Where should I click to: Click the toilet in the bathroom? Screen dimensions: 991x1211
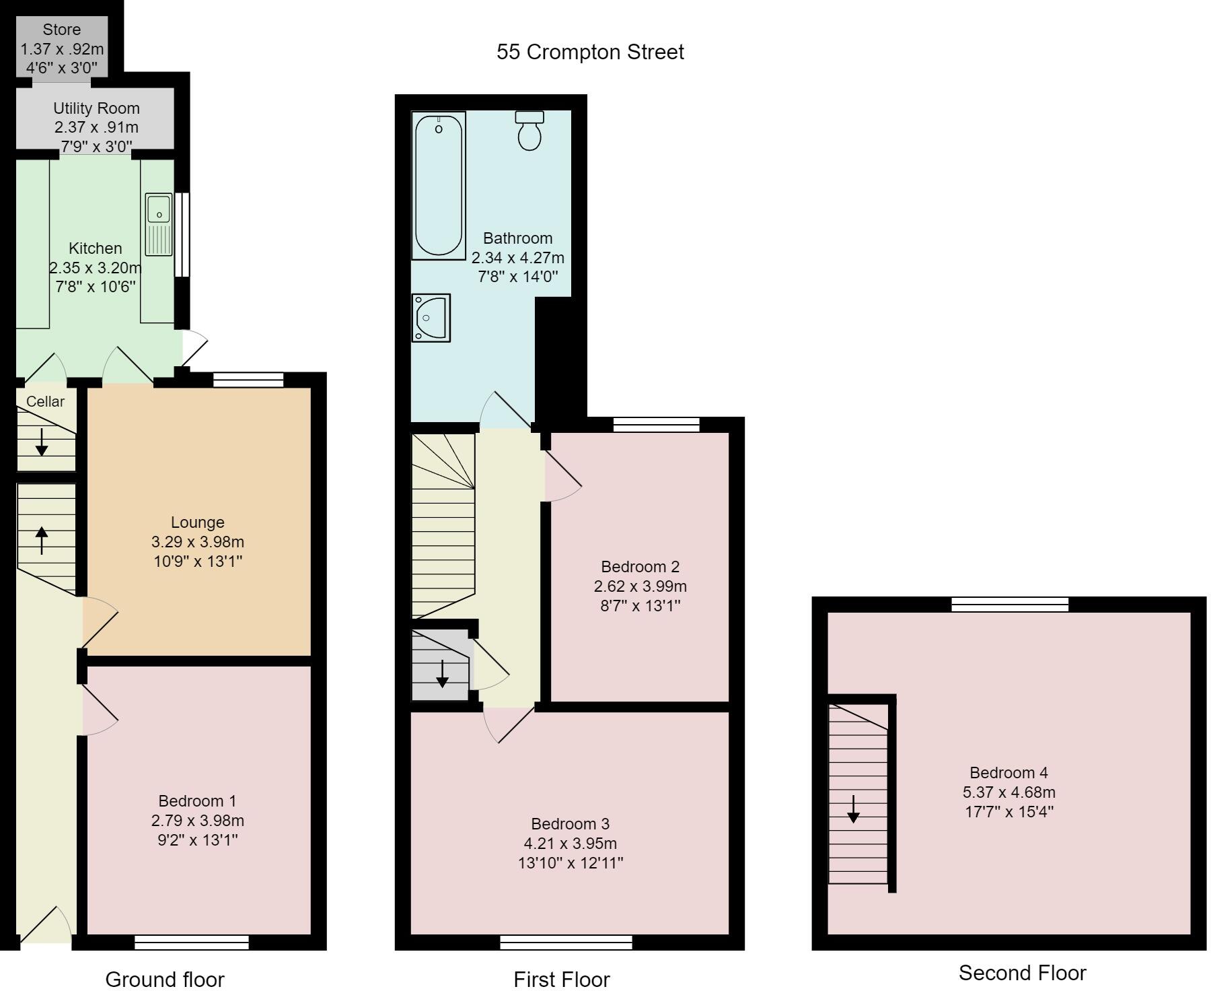[529, 131]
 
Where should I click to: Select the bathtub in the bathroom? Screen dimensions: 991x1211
[439, 186]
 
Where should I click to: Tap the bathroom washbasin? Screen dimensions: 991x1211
[431, 318]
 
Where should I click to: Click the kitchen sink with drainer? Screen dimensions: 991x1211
[159, 225]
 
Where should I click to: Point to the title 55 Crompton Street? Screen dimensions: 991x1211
[590, 52]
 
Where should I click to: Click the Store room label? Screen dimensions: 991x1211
[62, 30]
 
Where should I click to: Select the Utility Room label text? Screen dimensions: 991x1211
[96, 108]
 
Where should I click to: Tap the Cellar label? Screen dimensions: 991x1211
[46, 401]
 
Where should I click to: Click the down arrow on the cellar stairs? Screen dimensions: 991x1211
[42, 442]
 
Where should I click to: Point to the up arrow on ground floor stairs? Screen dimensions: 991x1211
[42, 540]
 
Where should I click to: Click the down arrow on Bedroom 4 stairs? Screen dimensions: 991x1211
[853, 809]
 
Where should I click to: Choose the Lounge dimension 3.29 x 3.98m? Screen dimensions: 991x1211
[197, 542]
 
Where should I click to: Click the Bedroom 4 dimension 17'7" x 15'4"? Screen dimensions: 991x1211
[1008, 812]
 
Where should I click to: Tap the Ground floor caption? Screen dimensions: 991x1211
[165, 980]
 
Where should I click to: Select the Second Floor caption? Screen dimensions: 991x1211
[1022, 973]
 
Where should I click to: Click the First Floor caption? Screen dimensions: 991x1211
[562, 980]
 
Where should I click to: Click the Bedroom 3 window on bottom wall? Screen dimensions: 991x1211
[566, 943]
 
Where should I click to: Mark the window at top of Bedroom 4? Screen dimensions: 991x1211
[1010, 604]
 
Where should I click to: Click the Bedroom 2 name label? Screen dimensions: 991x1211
[640, 567]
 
